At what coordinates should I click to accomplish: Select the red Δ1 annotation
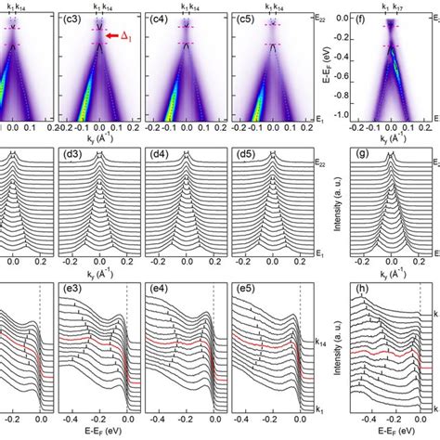click(x=136, y=36)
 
